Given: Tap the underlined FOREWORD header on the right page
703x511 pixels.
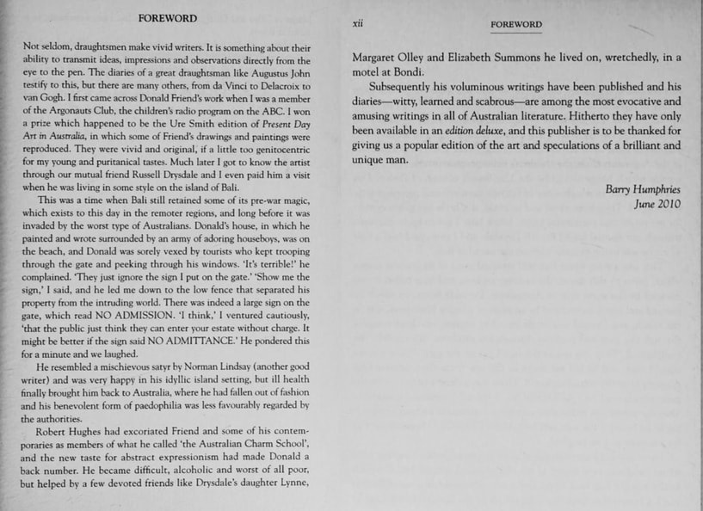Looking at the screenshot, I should pos(516,25).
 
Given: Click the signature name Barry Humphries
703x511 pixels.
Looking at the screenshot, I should pos(644,189).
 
